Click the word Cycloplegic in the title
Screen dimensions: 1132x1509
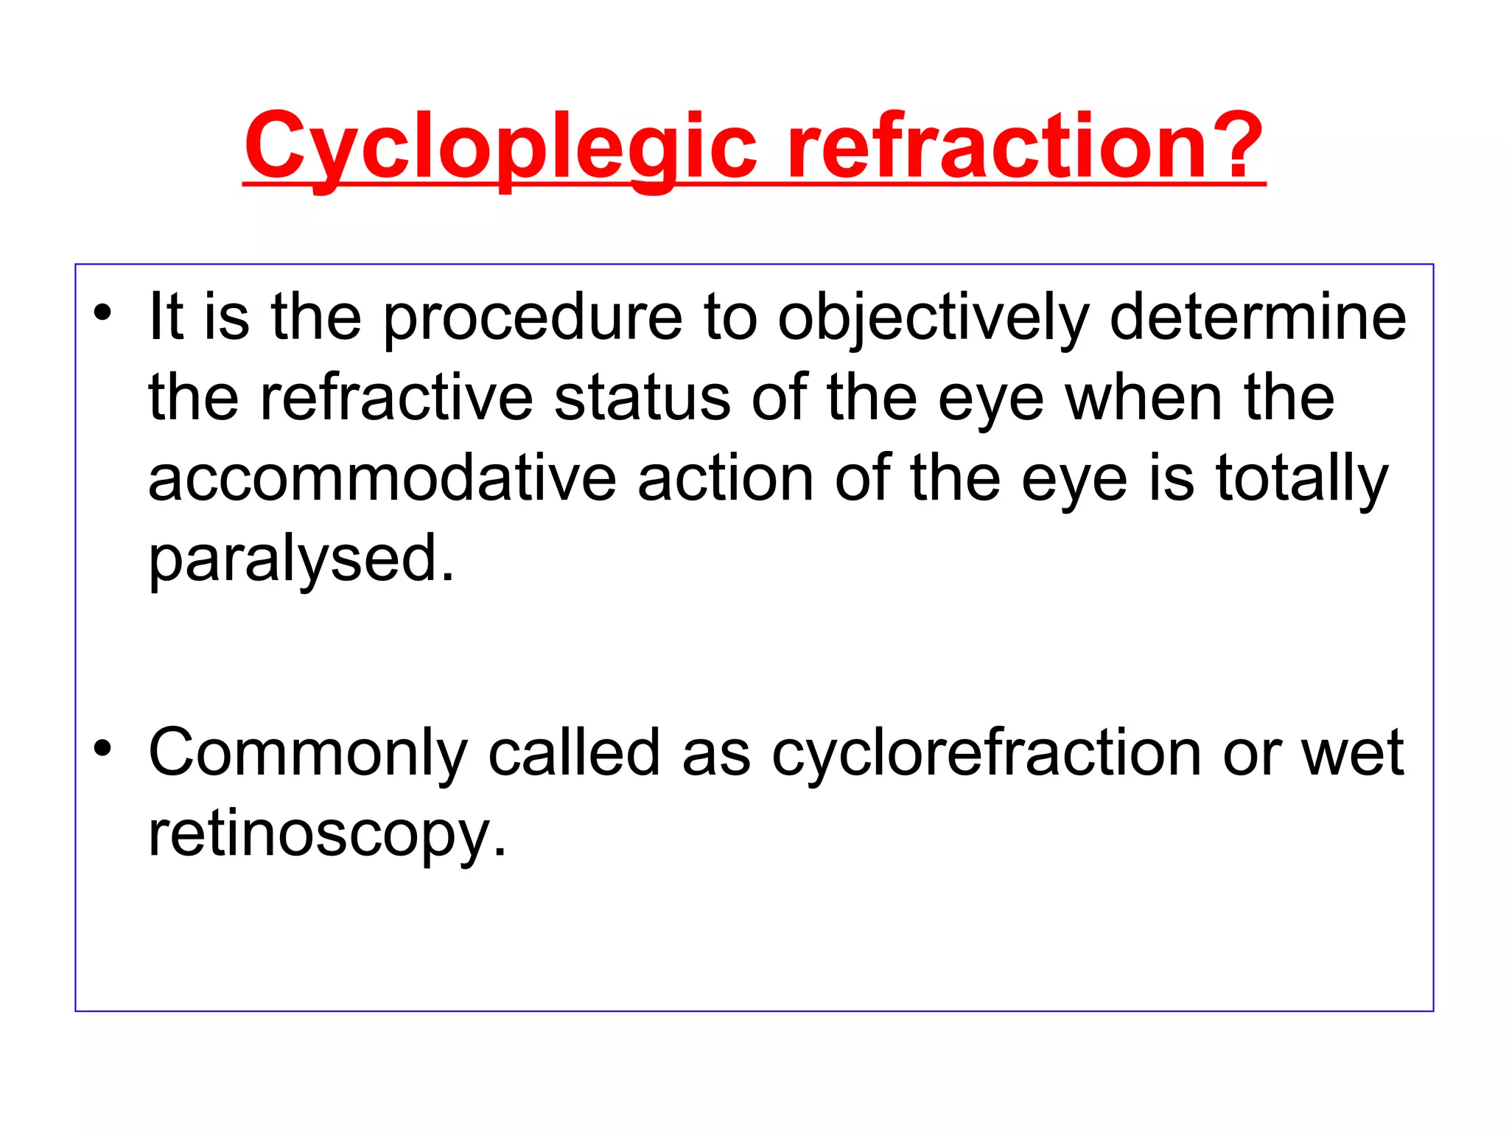500,147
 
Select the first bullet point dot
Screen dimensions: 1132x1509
102,312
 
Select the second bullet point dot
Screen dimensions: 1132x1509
102,748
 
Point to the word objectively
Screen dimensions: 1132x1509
933,318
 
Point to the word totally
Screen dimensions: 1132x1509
1301,481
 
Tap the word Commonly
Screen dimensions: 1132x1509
308,753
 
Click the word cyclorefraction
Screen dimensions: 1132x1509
987,753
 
